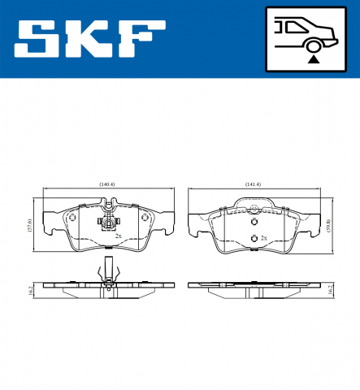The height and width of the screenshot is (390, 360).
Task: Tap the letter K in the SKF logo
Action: coord(89,38)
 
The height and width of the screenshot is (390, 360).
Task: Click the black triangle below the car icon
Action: coord(311,58)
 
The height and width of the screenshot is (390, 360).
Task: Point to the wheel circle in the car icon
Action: coord(311,45)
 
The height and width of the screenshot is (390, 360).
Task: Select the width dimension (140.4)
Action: coord(106,184)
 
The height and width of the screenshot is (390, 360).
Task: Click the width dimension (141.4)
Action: coord(252,184)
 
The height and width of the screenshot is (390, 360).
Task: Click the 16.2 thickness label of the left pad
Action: coord(29,290)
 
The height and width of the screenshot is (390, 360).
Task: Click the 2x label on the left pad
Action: coord(118,236)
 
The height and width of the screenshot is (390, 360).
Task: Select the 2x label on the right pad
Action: coord(262,238)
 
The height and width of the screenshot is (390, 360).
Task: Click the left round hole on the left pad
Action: coord(72,217)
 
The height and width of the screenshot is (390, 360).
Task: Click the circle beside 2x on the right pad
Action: coord(253,237)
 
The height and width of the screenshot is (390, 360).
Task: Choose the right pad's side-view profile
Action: coord(252,286)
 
